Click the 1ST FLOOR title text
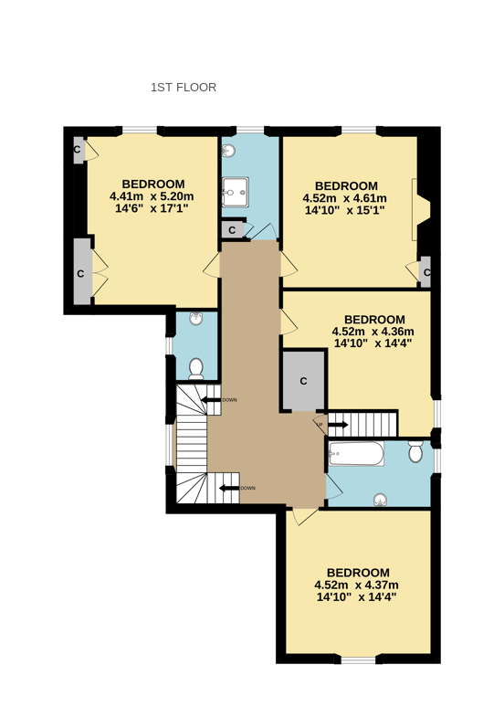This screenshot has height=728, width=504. [183, 88]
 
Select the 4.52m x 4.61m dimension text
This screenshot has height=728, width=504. [344, 198]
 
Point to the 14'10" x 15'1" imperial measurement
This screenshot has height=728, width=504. [344, 210]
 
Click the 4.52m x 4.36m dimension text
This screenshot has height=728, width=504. [373, 332]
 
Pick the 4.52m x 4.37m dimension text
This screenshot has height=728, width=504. [356, 586]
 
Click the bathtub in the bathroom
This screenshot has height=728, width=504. [357, 454]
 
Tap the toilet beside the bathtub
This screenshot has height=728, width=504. [415, 452]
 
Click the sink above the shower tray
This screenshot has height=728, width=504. [229, 151]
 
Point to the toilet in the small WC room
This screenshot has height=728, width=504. [195, 367]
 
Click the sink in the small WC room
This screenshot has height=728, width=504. [195, 319]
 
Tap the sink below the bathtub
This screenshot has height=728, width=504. [379, 499]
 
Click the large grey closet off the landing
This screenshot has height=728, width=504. [303, 380]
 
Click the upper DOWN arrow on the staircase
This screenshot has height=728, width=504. [212, 400]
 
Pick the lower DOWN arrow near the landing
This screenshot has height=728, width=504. [229, 488]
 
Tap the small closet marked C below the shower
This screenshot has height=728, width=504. [232, 229]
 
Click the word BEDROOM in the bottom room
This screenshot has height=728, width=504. [358, 573]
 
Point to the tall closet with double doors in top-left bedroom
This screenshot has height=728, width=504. [80, 271]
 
